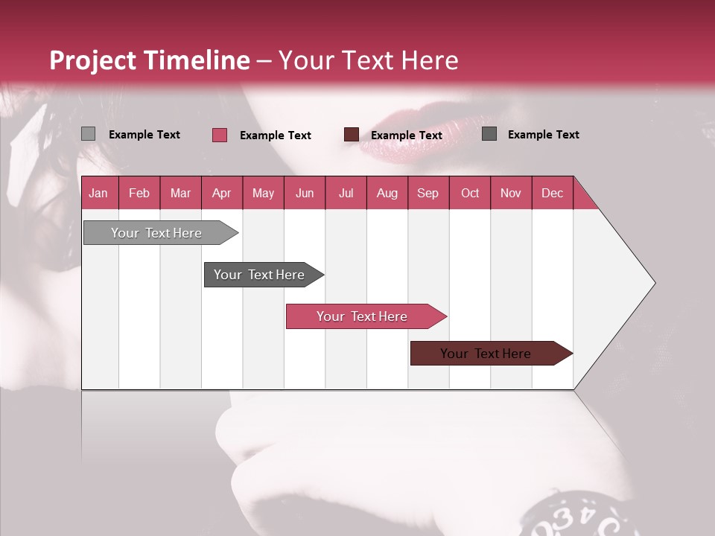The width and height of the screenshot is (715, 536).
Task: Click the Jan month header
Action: [x=98, y=194]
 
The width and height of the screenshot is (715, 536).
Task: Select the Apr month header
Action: [x=221, y=194]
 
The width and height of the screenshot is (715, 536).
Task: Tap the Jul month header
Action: [x=346, y=194]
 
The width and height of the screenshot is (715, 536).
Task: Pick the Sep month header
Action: [x=428, y=194]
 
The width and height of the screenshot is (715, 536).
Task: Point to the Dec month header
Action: [x=552, y=194]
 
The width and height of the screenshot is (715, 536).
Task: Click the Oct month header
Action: [x=470, y=194]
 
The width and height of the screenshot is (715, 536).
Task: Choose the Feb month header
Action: [x=139, y=194]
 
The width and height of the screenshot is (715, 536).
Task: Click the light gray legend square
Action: [x=88, y=134]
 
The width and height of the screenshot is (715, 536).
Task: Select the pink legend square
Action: [x=219, y=135]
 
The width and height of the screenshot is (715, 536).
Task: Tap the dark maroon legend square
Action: [x=352, y=134]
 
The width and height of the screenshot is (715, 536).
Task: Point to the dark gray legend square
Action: [x=489, y=134]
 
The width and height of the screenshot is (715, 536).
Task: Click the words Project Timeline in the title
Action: [x=149, y=60]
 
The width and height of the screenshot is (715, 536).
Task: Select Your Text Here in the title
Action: [x=369, y=60]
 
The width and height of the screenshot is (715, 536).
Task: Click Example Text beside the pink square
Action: [x=276, y=135]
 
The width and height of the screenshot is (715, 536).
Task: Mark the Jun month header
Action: [x=305, y=194]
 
